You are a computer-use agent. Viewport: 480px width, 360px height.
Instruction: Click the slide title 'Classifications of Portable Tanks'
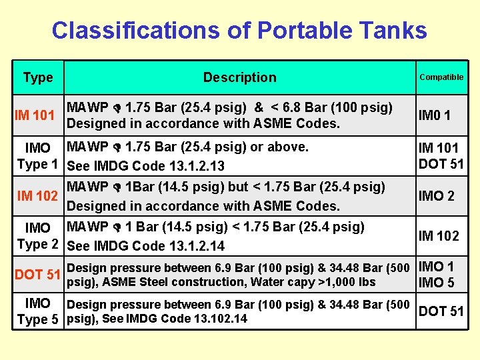[239, 31]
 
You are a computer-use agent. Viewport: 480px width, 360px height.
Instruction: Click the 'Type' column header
[38, 77]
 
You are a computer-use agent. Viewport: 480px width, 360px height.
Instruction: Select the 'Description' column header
[239, 77]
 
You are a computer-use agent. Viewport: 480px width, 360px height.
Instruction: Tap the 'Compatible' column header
[441, 77]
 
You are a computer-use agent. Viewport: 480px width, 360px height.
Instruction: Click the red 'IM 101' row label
[35, 115]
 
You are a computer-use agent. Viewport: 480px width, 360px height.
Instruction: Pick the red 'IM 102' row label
[37, 196]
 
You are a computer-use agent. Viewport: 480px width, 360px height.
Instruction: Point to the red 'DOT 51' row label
[38, 275]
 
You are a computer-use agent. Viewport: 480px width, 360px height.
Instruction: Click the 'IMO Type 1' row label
[37, 155]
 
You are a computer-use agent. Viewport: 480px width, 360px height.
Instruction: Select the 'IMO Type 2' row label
[37, 236]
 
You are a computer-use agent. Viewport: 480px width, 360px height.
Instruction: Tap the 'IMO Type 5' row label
[37, 311]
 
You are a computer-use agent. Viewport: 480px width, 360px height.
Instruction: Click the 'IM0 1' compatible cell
[434, 115]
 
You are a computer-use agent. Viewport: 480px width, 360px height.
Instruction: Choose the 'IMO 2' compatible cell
[436, 196]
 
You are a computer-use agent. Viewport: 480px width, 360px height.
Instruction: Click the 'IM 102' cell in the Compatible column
[438, 235]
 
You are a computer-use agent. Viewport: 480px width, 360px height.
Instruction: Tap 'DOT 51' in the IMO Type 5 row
[441, 311]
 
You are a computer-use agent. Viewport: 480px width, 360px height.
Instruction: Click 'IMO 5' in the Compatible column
[436, 283]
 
